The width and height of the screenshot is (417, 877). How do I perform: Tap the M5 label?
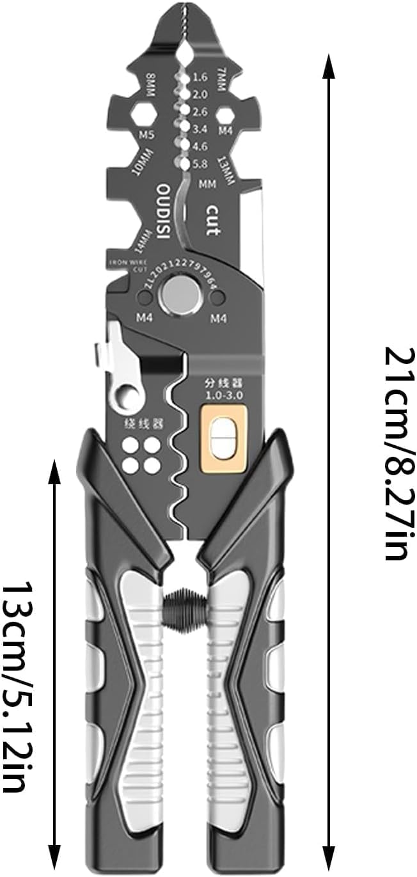(147, 135)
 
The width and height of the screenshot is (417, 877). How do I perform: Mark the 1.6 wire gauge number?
(200, 77)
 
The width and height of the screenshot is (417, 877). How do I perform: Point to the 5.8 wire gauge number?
(200, 164)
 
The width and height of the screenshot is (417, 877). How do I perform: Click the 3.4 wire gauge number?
(200, 129)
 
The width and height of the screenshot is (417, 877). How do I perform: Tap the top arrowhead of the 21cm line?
(329, 64)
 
